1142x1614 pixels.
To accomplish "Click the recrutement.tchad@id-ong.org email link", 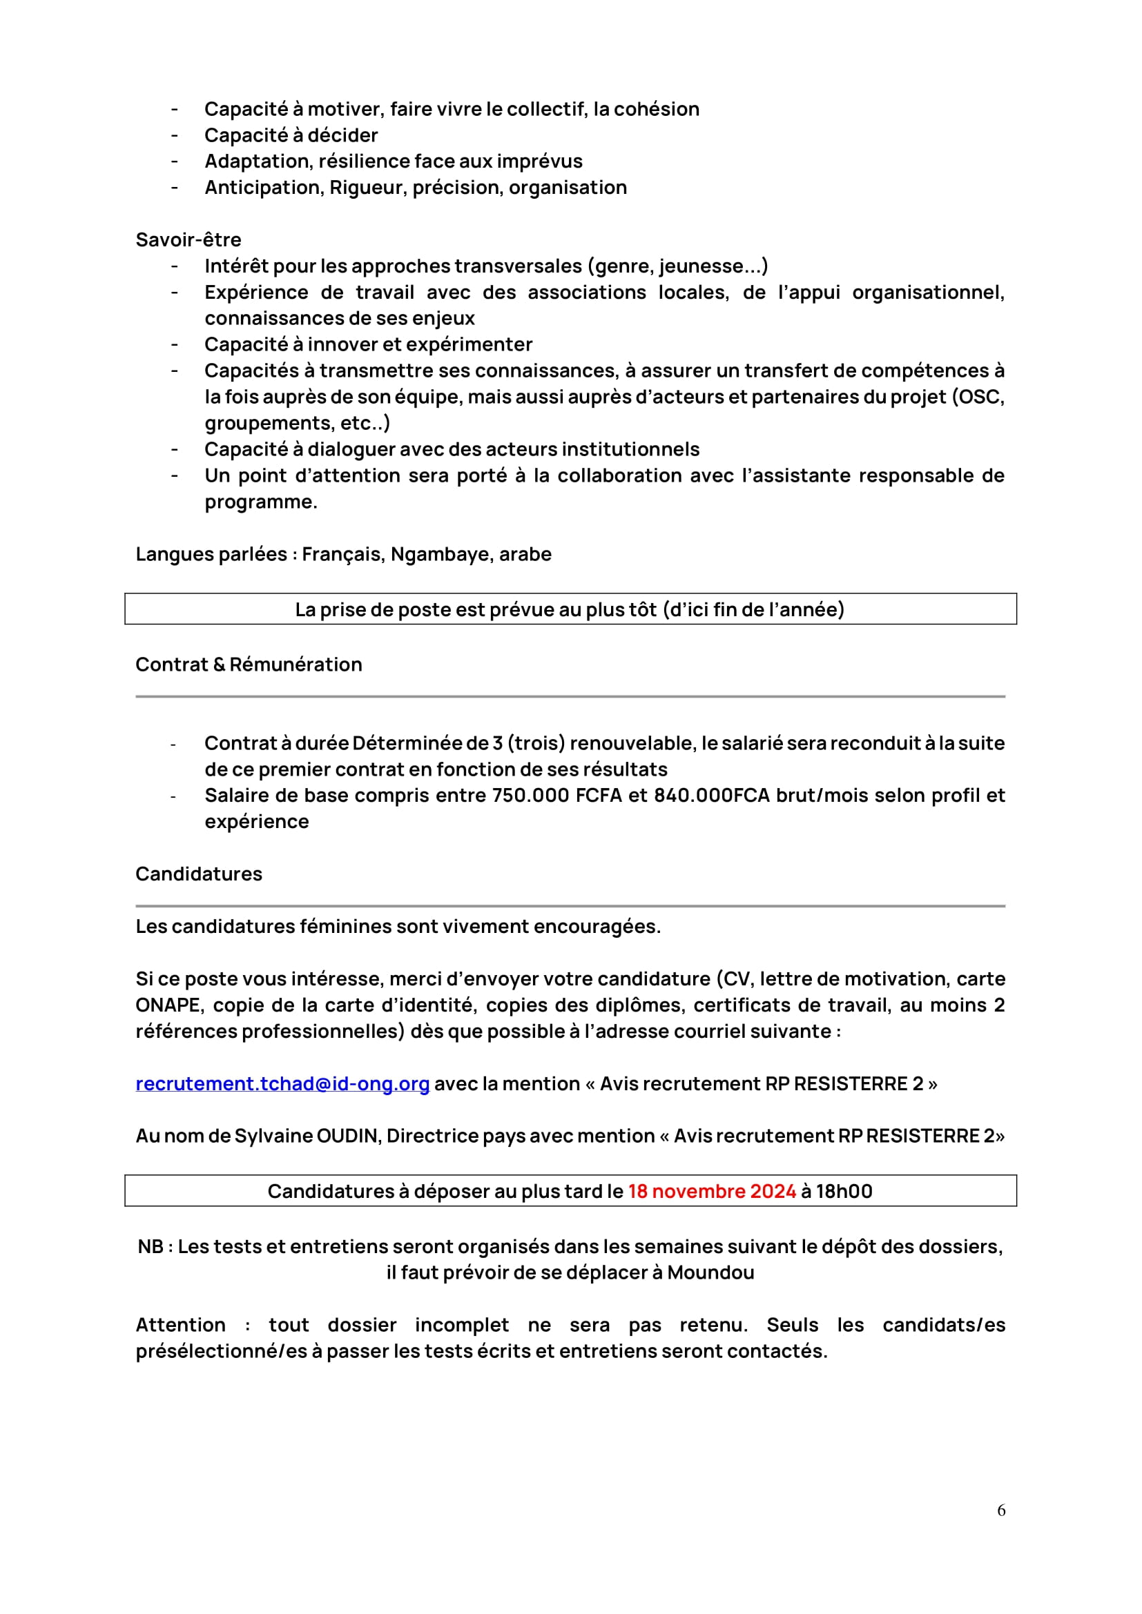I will coord(282,1083).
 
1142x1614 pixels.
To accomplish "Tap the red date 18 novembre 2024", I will coord(712,1191).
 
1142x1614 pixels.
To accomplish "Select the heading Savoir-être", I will coord(188,239).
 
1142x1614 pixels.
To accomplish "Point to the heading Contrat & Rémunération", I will coord(249,665).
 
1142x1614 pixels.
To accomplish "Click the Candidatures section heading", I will coord(198,874).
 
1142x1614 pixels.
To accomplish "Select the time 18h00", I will coord(844,1191).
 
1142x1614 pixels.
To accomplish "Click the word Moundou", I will coord(710,1272).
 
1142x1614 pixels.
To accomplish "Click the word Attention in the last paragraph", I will coord(180,1325).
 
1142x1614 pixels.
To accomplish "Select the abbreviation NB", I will coord(151,1246).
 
